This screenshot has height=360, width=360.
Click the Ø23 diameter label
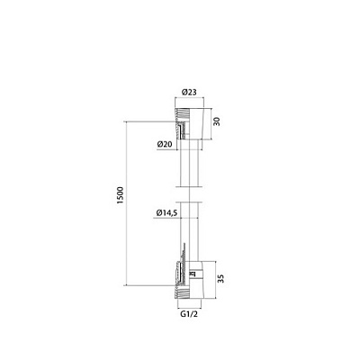coord(189,92)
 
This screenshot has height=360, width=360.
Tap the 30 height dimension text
coord(217,121)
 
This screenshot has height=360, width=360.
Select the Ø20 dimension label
coord(165,144)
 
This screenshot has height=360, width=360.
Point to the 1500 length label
coord(120,195)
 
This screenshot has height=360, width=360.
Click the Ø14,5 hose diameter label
coord(167,213)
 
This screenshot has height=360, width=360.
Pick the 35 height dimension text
coord(220,278)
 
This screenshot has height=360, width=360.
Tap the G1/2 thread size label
coord(189,314)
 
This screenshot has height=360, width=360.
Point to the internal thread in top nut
coord(182,112)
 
